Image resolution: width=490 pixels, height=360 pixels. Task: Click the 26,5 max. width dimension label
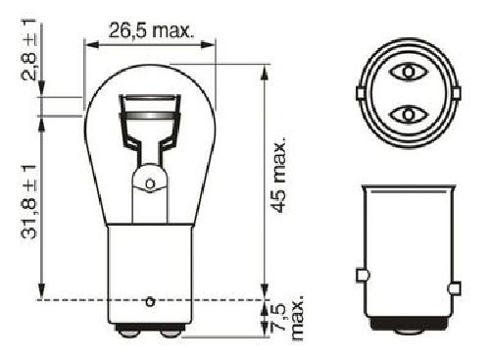click(x=149, y=30)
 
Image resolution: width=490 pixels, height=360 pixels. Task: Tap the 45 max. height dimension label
click(x=279, y=176)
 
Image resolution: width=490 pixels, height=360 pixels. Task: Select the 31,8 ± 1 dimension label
click(x=28, y=202)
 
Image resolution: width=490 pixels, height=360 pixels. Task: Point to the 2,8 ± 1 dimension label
click(x=28, y=50)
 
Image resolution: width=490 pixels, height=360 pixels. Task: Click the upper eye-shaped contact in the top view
click(x=409, y=72)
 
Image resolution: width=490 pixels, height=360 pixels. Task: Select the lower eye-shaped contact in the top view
click(x=409, y=115)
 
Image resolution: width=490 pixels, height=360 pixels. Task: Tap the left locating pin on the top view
click(x=360, y=93)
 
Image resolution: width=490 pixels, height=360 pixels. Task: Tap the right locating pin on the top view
click(x=457, y=93)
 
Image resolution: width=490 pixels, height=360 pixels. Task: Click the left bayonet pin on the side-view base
click(x=362, y=276)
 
